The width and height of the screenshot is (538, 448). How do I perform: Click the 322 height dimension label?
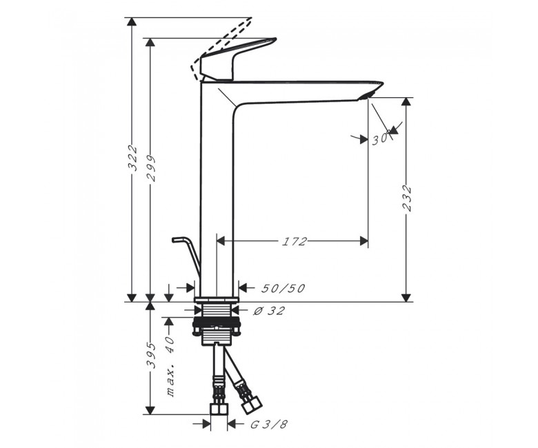coord(132,159)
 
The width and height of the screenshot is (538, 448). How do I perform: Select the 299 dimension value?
coord(150,168)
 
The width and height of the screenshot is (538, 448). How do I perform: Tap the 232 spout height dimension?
coord(406,198)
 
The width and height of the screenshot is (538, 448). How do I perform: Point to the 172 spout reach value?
coord(294,241)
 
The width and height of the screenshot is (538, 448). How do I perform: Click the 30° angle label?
coord(381,138)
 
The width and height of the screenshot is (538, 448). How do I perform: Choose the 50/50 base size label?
coord(283,289)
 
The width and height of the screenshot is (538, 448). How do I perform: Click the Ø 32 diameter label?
coord(269,311)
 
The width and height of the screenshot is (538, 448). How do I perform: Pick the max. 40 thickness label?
coord(170,367)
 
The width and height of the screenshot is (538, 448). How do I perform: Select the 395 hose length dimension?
coord(151,355)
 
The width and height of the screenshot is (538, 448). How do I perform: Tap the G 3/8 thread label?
coord(269,425)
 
